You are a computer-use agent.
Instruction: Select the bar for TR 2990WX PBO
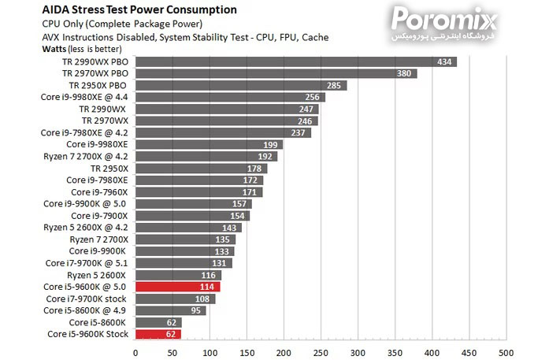[295, 61]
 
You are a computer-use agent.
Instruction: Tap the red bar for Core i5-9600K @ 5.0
[177, 287]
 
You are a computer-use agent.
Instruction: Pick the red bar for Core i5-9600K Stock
[158, 334]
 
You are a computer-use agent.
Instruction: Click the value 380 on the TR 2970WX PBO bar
[404, 73]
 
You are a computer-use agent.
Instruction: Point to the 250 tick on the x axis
[321, 351]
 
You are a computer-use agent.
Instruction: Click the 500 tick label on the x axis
[506, 351]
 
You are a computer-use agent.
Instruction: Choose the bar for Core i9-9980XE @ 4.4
[230, 97]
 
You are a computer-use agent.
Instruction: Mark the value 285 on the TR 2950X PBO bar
[334, 85]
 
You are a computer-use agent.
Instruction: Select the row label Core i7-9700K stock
[86, 299]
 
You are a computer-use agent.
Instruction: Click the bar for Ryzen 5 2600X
[178, 275]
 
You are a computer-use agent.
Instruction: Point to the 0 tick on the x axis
[135, 351]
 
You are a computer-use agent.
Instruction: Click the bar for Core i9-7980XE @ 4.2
[223, 132]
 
